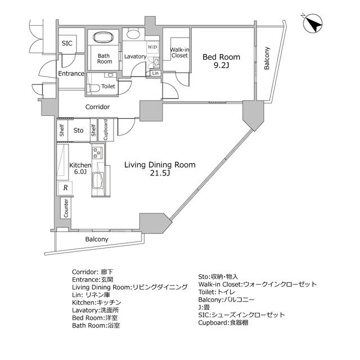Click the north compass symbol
tap(313, 24)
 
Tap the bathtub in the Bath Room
tap(104, 38)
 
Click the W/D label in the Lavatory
tap(152, 47)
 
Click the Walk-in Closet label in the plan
tap(179, 52)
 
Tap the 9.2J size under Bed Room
tap(221, 66)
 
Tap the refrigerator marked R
tap(66, 188)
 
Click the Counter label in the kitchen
tap(66, 209)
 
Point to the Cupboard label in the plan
tap(105, 130)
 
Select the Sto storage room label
tap(79, 130)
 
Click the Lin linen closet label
tap(155, 73)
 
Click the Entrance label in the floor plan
tap(71, 73)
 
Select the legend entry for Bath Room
tap(96, 326)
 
